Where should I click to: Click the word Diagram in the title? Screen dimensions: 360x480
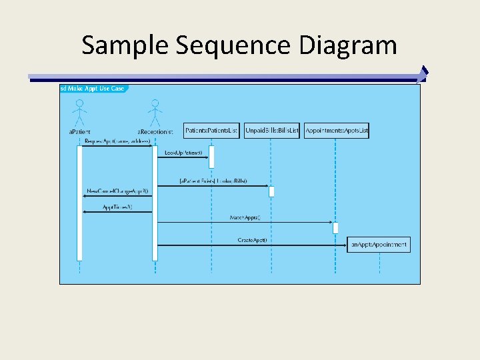[x=348, y=45]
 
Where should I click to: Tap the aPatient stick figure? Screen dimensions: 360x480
[x=79, y=111]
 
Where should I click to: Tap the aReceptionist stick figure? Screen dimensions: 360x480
[x=155, y=111]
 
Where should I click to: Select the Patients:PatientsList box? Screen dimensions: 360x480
[x=211, y=131]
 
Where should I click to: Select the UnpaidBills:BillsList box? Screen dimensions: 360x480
[x=272, y=131]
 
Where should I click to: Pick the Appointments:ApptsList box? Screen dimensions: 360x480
[x=336, y=131]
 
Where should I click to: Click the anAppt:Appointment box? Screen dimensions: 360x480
[x=379, y=245]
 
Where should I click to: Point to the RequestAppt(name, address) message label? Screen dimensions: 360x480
[x=117, y=142]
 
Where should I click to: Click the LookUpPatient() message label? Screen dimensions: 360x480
[x=183, y=153]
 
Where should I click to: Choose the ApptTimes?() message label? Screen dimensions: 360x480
[x=117, y=207]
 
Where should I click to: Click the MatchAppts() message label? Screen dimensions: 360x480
[x=245, y=217]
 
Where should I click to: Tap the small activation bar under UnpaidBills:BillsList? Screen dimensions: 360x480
[x=271, y=191]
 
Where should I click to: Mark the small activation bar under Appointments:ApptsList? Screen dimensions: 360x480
[x=335, y=227]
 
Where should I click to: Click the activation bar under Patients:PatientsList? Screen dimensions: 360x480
[x=211, y=157]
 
